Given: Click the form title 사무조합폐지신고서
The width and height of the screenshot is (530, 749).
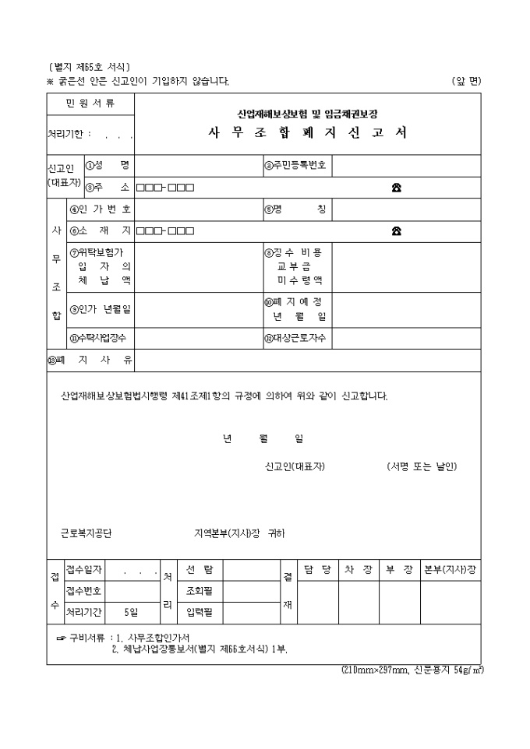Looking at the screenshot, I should point(308,132).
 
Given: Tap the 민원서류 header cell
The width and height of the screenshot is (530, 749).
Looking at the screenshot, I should point(90,103).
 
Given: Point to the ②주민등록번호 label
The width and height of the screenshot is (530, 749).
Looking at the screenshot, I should point(295,165).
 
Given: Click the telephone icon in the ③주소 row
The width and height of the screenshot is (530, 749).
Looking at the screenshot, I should point(397,188).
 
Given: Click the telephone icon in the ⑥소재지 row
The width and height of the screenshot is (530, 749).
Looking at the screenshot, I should point(397,230).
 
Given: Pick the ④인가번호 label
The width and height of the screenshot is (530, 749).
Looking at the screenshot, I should point(101,209).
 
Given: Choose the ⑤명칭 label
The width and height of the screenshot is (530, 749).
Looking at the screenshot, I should point(295,209).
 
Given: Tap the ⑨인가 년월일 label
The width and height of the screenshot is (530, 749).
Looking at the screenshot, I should point(101,309).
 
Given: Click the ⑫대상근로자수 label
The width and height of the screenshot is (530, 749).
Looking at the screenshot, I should point(296,338).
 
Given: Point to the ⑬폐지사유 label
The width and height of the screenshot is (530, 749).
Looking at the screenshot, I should point(88,361).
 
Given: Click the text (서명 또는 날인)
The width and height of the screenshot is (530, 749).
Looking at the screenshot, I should point(422,466).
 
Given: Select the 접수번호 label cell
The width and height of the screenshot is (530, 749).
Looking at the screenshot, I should point(84,590).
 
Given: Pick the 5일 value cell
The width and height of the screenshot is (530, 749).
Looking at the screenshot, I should point(131,612).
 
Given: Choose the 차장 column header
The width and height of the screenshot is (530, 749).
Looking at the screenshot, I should point(359,569).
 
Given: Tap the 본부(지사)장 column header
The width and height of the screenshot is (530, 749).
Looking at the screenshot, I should point(450,569).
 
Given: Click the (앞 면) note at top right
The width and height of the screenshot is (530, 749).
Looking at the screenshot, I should point(466,81).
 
